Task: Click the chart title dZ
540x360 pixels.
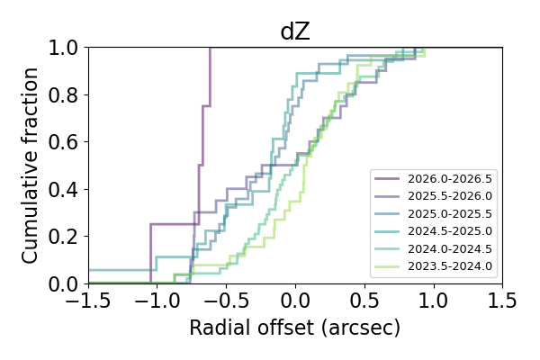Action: click(295, 31)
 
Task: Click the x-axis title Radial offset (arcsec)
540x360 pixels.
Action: click(295, 328)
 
